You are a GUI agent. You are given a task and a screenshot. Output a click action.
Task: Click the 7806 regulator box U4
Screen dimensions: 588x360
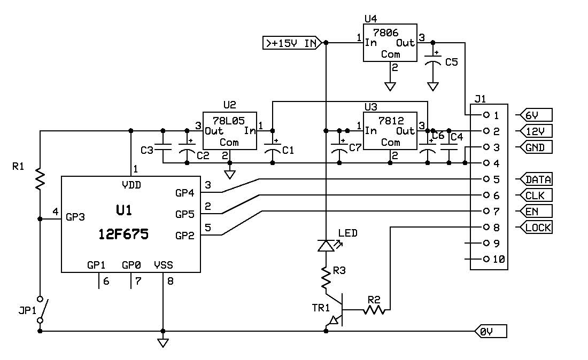point(390,43)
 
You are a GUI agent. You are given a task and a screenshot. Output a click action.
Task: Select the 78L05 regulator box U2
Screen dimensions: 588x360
point(230,131)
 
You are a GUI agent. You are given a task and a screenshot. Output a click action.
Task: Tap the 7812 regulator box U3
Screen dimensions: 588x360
point(390,131)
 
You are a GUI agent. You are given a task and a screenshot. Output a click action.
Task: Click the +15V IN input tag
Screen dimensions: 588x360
point(292,43)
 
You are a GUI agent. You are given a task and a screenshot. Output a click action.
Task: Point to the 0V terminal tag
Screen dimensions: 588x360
point(491,332)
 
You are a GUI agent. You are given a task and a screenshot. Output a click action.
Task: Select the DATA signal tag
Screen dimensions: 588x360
point(536,179)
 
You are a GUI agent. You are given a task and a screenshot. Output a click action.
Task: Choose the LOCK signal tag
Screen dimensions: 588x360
point(536,228)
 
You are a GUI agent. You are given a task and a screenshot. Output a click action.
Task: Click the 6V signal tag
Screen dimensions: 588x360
point(536,115)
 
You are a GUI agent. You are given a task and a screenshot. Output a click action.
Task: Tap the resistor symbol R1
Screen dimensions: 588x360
point(40,179)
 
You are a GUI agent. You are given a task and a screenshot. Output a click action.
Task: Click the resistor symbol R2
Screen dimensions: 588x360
point(374,310)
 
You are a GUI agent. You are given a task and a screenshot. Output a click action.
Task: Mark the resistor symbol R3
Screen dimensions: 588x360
point(326,278)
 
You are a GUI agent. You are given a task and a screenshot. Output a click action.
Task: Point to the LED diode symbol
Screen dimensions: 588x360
point(327,246)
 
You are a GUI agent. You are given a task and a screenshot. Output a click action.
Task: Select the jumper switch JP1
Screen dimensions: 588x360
point(41,310)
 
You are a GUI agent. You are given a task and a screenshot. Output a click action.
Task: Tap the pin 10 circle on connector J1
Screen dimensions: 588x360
point(486,259)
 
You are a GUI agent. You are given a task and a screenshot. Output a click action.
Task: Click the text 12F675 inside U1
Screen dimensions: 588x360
point(123,234)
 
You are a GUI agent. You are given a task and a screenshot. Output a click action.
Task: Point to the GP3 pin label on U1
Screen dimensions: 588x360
point(75,217)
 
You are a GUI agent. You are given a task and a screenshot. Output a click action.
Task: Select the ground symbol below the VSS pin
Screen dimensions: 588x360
point(163,343)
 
